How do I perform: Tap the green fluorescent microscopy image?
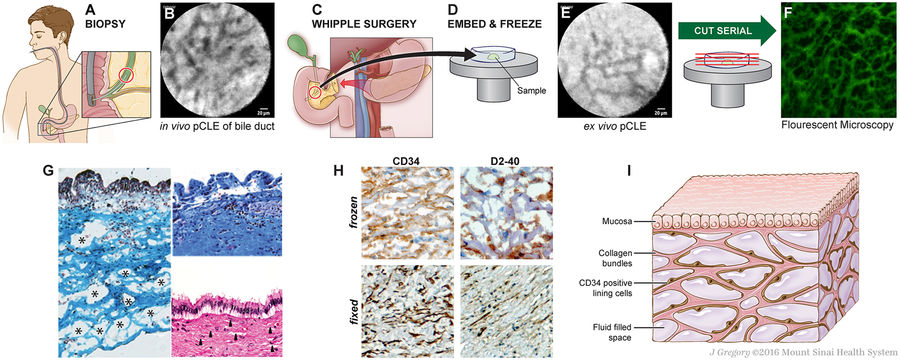(x=836, y=68)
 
